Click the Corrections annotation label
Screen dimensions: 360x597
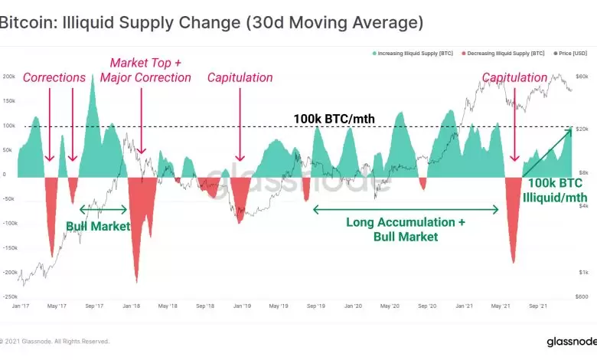click(x=54, y=77)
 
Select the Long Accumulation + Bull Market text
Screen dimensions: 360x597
click(x=406, y=229)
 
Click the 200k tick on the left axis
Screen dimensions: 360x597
click(x=10, y=77)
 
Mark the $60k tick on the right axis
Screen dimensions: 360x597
click(x=582, y=77)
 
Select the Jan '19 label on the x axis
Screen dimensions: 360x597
click(x=242, y=306)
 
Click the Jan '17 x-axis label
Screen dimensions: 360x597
click(x=21, y=306)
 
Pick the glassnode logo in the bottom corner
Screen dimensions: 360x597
click(x=567, y=342)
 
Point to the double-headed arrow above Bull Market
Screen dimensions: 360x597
click(x=103, y=208)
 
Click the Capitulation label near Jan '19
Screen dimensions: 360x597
click(x=240, y=77)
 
